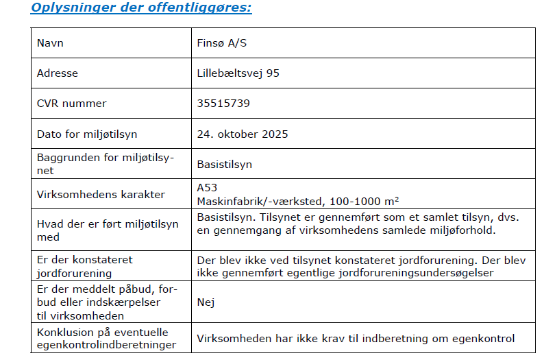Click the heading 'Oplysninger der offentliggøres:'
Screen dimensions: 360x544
(x=141, y=8)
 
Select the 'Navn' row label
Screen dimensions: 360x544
(x=50, y=43)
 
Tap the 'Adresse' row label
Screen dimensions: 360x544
(x=58, y=73)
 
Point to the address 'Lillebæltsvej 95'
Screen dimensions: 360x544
(x=238, y=73)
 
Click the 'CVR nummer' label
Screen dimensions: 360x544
(x=72, y=104)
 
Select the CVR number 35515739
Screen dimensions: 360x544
(x=223, y=104)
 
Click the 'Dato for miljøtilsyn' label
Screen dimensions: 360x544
(x=87, y=134)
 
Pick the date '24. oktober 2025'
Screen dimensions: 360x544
(x=243, y=134)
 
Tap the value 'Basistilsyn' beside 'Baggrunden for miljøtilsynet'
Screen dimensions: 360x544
(x=224, y=165)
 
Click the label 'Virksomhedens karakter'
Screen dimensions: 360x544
(x=101, y=194)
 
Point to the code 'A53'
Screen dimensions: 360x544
(x=207, y=187)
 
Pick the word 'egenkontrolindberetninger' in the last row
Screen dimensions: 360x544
(x=106, y=345)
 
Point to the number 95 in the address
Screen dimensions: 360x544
(x=273, y=73)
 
